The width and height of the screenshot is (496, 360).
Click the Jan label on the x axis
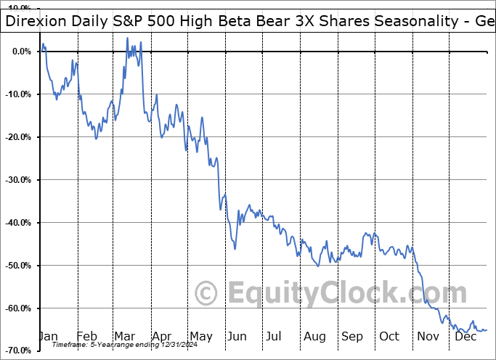pyautogui.click(x=48, y=336)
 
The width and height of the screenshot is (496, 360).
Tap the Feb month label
pyautogui.click(x=87, y=336)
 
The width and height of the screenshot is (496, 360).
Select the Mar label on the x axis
pyautogui.click(x=125, y=336)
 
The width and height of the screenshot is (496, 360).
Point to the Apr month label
pyautogui.click(x=162, y=336)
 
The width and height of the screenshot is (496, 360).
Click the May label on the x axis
pyautogui.click(x=200, y=336)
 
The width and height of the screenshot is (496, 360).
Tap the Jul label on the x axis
pyautogui.click(x=275, y=336)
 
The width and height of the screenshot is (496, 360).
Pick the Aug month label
pyautogui.click(x=314, y=336)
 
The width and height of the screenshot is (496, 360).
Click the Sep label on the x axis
pyautogui.click(x=352, y=336)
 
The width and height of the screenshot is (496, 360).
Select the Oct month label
pyautogui.click(x=389, y=336)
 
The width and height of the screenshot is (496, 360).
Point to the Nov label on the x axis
pyautogui.click(x=428, y=336)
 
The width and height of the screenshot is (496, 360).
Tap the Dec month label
pyautogui.click(x=466, y=336)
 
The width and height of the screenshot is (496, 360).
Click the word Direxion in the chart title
pyautogui.click(x=36, y=21)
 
